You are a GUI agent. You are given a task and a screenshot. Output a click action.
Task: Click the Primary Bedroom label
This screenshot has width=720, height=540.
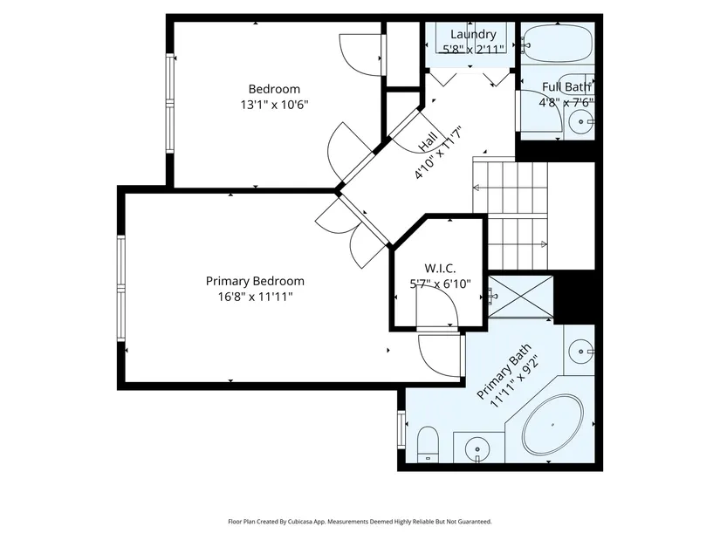pos(255,281)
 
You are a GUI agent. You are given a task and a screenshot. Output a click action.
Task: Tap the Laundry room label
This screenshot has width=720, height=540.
pos(473,34)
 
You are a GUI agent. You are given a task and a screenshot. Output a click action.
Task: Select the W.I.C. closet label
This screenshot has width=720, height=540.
pos(440,268)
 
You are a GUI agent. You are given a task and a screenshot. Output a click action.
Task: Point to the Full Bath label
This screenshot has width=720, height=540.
pos(566,86)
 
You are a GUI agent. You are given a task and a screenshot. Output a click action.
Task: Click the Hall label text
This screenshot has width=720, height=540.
pos(428,142)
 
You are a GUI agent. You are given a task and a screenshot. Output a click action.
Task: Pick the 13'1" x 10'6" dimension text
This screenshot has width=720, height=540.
pos(274,105)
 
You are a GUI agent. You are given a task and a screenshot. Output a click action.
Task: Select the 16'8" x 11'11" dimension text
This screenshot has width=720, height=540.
pos(255,297)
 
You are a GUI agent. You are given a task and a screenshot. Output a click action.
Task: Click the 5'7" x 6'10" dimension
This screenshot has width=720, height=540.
pos(440,284)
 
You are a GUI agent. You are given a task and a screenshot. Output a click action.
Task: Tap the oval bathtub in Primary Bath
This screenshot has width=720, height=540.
pos(552,425)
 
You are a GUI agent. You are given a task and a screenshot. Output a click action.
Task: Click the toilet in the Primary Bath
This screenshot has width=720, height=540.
pos(428,444)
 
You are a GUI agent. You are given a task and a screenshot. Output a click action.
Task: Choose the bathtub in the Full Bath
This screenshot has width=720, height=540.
pos(558,44)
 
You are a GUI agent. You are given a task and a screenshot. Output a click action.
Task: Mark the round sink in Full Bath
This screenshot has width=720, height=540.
pos(581,121)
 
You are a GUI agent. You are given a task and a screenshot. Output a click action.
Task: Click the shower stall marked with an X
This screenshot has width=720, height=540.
pos(521,297)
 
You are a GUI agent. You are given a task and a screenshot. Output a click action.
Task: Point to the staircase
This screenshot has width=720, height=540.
pos(511,214)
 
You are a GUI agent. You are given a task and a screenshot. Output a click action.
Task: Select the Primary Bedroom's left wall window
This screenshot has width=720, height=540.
pos(121,288)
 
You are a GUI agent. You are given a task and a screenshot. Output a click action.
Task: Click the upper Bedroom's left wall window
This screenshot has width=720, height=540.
pos(170,103)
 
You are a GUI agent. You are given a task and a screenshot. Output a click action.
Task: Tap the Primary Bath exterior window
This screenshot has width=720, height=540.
pos(401,430)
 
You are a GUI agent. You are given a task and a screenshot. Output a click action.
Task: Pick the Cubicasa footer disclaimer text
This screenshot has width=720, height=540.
pos(360,522)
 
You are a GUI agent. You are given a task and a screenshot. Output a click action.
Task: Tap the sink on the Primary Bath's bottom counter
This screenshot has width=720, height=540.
pos(477,449)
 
